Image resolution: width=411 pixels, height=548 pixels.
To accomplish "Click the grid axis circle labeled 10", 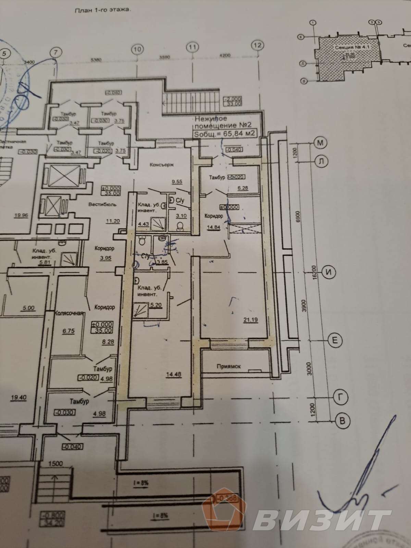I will (x=137, y=49).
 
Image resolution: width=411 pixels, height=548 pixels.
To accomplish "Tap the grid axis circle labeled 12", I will (x=258, y=45).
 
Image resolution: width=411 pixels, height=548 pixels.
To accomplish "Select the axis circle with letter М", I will (x=320, y=143).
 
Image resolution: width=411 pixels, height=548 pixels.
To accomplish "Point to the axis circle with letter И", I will (x=329, y=273).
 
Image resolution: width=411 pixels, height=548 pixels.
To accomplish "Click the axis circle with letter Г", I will (x=340, y=398).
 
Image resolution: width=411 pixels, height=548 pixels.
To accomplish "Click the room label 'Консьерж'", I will (x=162, y=165).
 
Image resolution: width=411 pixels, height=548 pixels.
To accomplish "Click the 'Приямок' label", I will (x=228, y=366).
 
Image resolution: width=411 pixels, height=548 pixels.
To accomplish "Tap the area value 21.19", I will (x=251, y=320).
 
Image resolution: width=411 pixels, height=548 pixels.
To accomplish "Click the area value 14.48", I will (x=174, y=375).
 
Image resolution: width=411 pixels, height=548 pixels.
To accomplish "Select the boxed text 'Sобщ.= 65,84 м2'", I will (x=224, y=134).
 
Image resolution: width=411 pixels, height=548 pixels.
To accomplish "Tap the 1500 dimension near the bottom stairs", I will (x=55, y=463).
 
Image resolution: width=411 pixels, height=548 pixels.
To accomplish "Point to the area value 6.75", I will (x=68, y=331).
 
